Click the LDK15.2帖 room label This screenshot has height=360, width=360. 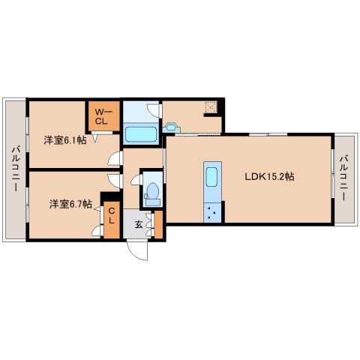[x=269, y=177]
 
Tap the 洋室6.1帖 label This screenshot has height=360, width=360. [x=65, y=140]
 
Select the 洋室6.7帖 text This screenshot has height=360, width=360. [x=70, y=204]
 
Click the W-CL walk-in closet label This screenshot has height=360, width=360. [x=102, y=116]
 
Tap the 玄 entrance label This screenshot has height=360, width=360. [x=139, y=224]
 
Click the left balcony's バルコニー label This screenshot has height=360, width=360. [x=16, y=169]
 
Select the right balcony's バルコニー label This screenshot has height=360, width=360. [x=344, y=178]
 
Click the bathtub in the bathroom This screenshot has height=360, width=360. [x=141, y=134]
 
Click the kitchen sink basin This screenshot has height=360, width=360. [x=211, y=177]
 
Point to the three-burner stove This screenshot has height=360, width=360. [x=212, y=213]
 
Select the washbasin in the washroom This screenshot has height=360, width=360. [x=172, y=127]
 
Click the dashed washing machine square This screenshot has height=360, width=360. [x=211, y=107]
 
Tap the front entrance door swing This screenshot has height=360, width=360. [x=137, y=250]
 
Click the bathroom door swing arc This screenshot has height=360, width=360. [x=153, y=110]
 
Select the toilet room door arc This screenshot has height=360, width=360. [x=136, y=179]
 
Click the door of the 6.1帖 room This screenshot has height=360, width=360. [x=115, y=158]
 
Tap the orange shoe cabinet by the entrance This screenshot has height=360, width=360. [x=158, y=224]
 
